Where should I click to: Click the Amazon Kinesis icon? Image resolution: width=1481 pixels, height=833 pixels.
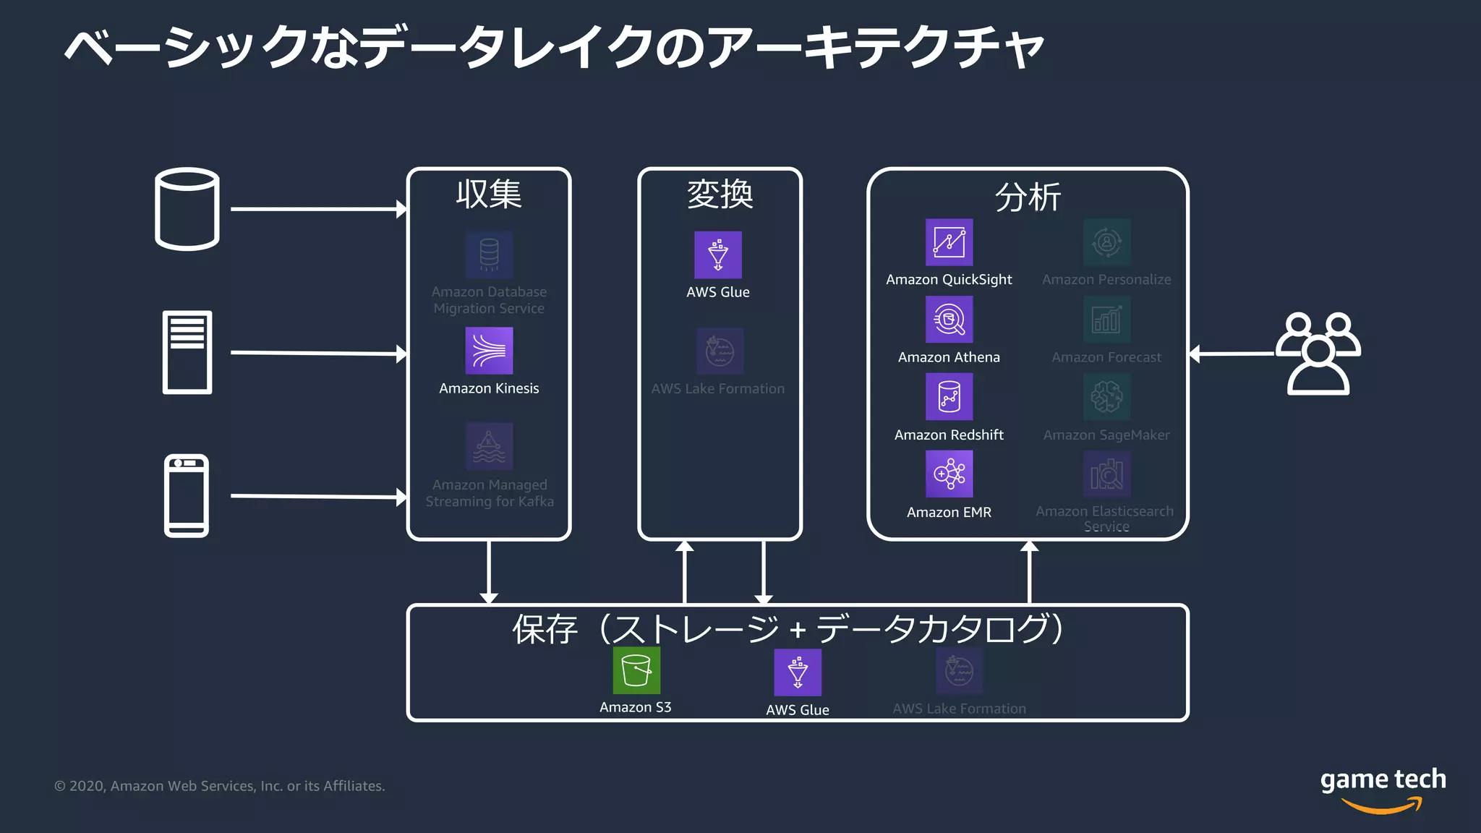[489, 351]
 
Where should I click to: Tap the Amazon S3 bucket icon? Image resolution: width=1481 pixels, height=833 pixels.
[636, 670]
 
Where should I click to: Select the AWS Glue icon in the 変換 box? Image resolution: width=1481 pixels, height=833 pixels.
[718, 255]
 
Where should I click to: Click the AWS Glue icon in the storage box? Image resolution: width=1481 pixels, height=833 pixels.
[798, 672]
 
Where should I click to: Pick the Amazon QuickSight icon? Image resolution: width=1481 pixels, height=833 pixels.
[949, 242]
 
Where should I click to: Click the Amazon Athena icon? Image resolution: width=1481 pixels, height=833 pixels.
[949, 320]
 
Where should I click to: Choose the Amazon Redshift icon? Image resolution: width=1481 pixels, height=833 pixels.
[949, 397]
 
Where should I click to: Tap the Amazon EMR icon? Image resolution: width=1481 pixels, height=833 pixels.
[949, 474]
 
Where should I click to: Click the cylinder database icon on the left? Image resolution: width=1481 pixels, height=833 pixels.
[187, 209]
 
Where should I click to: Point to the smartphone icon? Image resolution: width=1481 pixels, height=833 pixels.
[187, 496]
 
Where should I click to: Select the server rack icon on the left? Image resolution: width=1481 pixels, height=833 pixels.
[187, 352]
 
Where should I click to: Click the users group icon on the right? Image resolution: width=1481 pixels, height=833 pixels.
[1318, 354]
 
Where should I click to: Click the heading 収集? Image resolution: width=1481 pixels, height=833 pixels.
[489, 194]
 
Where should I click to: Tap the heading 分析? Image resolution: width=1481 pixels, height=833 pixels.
[1028, 197]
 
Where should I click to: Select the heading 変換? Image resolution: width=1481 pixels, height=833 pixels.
[720, 194]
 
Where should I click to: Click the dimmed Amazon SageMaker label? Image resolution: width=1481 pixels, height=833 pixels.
[1106, 435]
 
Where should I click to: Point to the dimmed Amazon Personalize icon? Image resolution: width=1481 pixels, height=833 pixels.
[1106, 242]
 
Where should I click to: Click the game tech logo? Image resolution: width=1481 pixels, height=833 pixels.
[1383, 788]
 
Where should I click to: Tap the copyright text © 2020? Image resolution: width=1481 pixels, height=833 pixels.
[219, 786]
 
